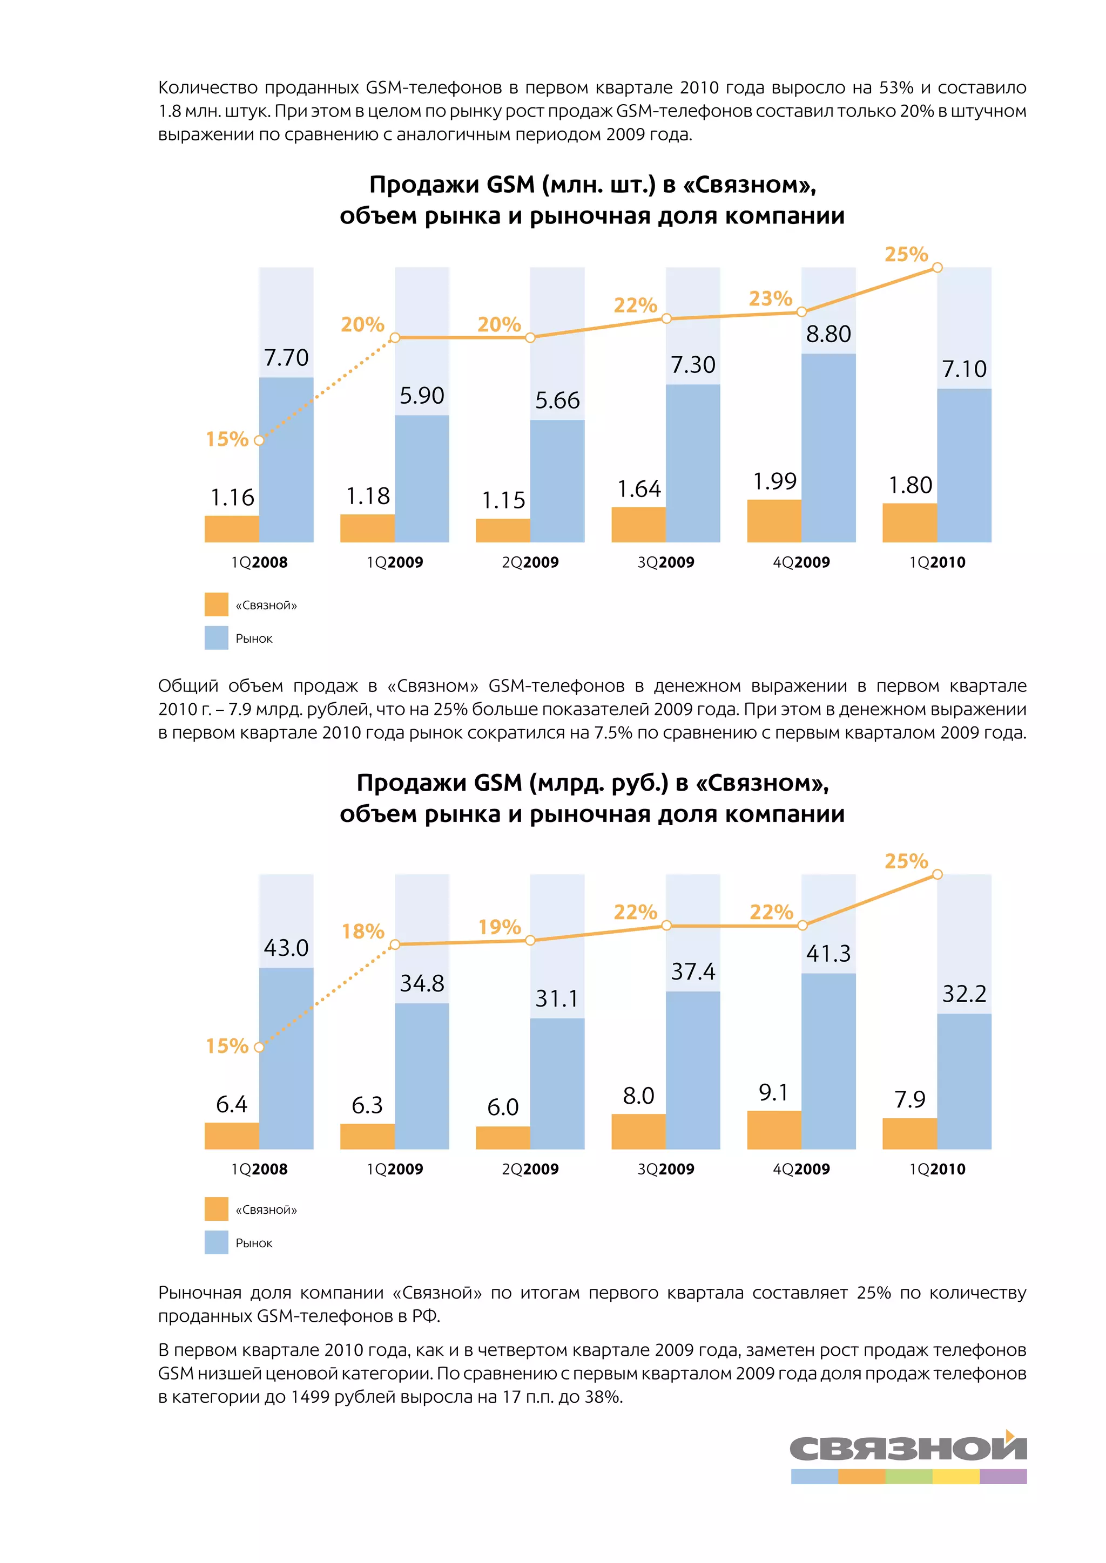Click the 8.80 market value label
(828, 334)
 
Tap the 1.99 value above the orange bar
(774, 481)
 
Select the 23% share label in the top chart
(770, 298)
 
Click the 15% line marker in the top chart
(259, 440)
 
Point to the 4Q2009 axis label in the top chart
(801, 562)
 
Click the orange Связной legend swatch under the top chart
(217, 604)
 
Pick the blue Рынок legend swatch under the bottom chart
(217, 1242)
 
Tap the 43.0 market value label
(286, 948)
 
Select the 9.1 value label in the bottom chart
(774, 1092)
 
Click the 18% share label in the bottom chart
(363, 930)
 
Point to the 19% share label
(499, 927)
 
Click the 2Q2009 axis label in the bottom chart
(530, 1169)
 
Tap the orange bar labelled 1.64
(638, 525)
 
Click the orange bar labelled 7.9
(909, 1133)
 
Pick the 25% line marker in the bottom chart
(937, 874)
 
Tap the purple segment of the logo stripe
(1002, 1477)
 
